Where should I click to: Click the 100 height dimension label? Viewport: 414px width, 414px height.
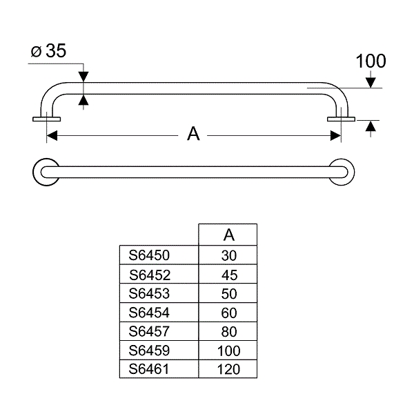tap(371, 61)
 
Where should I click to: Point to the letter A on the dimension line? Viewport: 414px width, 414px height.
tap(194, 135)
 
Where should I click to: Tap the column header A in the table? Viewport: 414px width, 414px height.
tap(229, 235)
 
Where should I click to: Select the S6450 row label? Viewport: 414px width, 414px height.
tap(149, 255)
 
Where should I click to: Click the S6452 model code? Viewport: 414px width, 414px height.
tap(149, 274)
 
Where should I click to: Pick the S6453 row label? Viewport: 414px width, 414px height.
tap(149, 293)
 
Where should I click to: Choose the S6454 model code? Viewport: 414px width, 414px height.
tap(149, 313)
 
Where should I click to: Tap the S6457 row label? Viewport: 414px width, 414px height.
tap(149, 331)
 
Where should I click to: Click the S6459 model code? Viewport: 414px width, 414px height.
tap(149, 351)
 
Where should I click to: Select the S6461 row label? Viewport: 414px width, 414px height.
tap(149, 369)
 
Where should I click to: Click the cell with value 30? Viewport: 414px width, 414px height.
tap(229, 255)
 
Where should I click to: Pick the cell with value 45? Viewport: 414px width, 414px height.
tap(229, 274)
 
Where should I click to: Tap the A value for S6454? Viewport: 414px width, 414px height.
tap(229, 313)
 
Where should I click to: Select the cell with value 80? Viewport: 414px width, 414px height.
tap(229, 331)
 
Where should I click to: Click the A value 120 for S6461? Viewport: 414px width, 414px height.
tap(229, 369)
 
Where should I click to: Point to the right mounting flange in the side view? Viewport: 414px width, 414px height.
tap(341, 119)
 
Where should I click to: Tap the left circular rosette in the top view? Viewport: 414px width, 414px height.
tap(46, 172)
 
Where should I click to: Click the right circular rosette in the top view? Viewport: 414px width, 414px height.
tap(341, 172)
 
